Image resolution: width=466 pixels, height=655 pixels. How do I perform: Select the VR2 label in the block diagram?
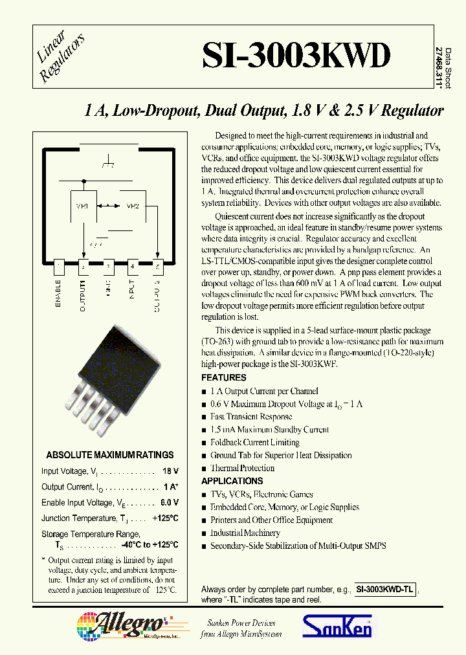tap(132, 206)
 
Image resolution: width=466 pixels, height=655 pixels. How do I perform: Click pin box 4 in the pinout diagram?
tap(133, 265)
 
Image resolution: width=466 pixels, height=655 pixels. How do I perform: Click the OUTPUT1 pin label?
tap(83, 295)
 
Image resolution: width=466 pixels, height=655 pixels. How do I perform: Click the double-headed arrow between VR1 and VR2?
tap(107, 206)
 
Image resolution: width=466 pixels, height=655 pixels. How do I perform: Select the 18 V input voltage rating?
tap(170, 472)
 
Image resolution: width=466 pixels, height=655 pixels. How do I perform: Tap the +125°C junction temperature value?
tap(165, 518)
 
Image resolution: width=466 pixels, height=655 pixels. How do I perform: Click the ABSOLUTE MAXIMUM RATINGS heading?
tap(110, 455)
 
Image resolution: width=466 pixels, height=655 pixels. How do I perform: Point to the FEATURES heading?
tap(224, 377)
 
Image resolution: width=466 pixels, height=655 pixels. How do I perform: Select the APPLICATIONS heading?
tap(232, 481)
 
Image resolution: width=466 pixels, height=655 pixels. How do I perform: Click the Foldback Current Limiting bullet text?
tap(255, 443)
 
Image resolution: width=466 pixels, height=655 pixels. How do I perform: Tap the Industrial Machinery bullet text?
tap(245, 533)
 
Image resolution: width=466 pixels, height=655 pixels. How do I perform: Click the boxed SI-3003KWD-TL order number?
tap(386, 590)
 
